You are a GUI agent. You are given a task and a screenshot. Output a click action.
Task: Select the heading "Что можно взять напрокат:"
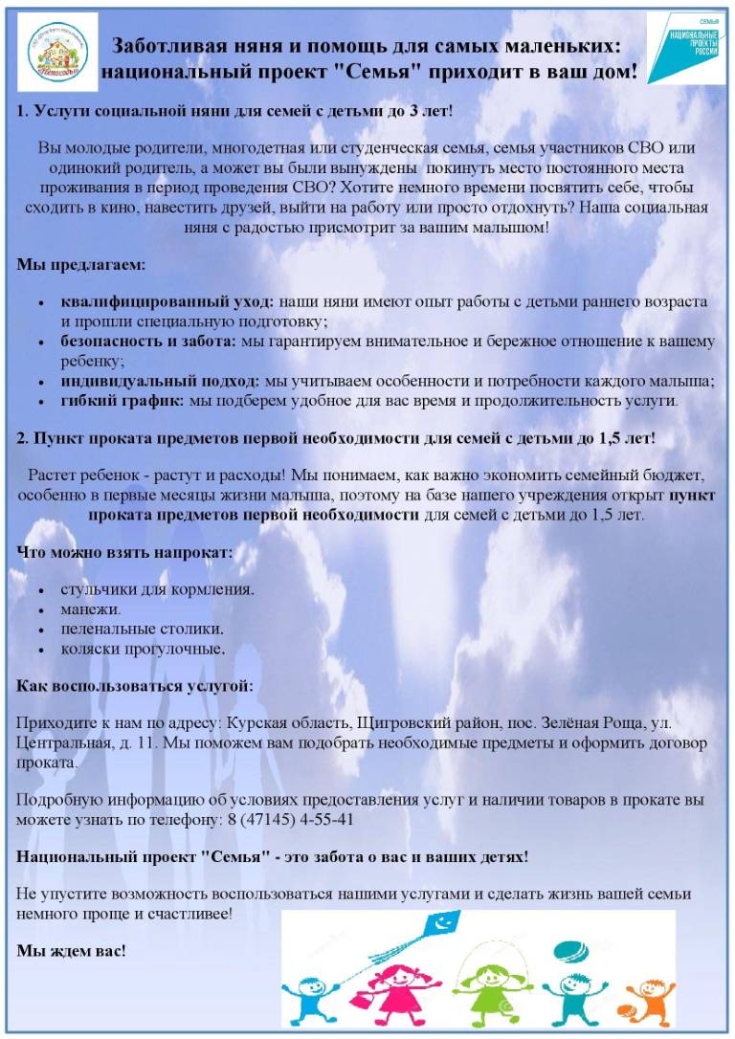(124, 552)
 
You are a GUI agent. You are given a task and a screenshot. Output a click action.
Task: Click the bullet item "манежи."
(91, 608)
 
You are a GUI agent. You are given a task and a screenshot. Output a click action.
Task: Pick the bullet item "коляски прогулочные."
(144, 649)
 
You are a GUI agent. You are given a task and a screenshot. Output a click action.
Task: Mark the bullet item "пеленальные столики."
(143, 629)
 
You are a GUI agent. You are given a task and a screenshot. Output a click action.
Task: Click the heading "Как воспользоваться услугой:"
(135, 686)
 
